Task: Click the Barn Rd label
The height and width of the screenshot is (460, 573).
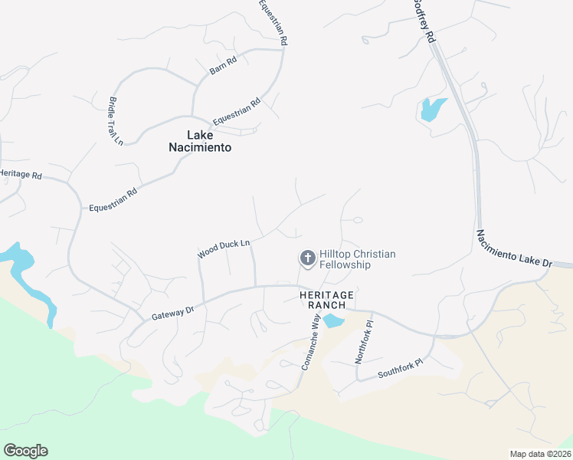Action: [223, 65]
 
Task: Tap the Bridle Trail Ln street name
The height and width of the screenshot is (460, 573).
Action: [116, 120]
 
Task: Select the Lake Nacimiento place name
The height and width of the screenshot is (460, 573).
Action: [199, 140]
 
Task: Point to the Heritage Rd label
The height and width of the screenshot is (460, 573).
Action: [21, 175]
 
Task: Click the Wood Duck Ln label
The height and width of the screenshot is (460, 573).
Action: [224, 249]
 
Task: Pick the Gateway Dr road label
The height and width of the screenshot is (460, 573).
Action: [174, 312]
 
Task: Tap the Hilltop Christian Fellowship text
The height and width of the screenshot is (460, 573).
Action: [357, 259]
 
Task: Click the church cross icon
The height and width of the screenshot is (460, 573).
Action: [307, 258]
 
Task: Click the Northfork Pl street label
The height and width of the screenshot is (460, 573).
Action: [363, 341]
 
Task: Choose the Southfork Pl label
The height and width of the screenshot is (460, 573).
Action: [400, 370]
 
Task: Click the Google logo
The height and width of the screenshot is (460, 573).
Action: [25, 451]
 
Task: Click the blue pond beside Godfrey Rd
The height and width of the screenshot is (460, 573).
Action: [431, 110]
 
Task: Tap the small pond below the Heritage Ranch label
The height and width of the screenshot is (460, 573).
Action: [333, 320]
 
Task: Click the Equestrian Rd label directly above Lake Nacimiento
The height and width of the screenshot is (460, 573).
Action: [237, 112]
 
